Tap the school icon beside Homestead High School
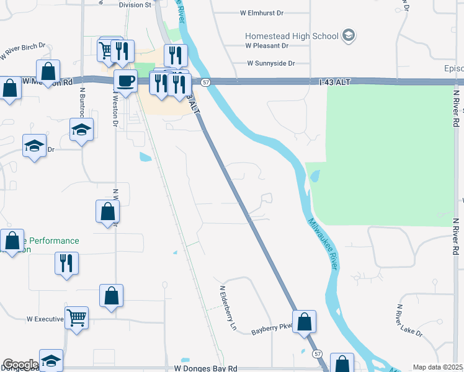pyautogui.click(x=348, y=35)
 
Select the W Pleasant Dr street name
pyautogui.click(x=267, y=45)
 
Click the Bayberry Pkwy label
pyautogui.click(x=271, y=329)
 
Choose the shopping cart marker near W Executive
pyautogui.click(x=77, y=318)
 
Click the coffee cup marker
pyautogui.click(x=125, y=81)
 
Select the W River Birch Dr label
pyautogui.click(x=23, y=51)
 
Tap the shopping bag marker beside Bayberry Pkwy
pyautogui.click(x=304, y=322)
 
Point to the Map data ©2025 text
pyautogui.click(x=437, y=367)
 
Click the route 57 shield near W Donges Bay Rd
pyautogui.click(x=318, y=353)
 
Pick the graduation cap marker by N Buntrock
pyautogui.click(x=81, y=130)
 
